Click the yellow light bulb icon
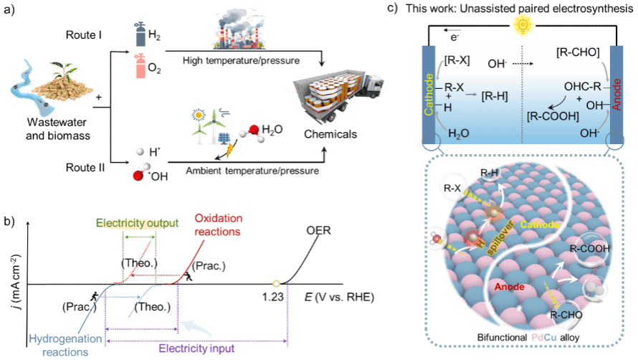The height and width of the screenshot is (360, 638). click(x=523, y=25)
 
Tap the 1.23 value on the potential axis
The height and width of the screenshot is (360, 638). click(x=272, y=298)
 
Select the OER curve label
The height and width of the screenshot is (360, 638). click(x=318, y=230)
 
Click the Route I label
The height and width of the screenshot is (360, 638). click(x=83, y=35)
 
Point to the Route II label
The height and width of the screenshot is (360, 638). click(x=85, y=167)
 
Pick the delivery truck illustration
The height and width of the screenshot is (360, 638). click(x=338, y=95)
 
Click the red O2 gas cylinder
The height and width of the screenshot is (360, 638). click(x=141, y=66)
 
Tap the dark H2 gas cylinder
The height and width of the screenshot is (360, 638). click(x=140, y=34)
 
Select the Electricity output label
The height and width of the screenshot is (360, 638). click(x=137, y=223)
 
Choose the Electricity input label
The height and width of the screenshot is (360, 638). click(x=196, y=349)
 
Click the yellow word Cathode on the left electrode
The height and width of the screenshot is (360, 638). click(x=429, y=94)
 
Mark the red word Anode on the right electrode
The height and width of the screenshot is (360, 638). click(x=616, y=95)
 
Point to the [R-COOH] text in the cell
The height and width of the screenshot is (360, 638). click(x=553, y=116)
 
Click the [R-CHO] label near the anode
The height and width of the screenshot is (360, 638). click(x=578, y=52)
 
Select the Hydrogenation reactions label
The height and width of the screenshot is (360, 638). click(x=65, y=346)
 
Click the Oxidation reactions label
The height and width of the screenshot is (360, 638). click(x=218, y=224)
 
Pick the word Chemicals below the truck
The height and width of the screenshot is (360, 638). click(x=330, y=134)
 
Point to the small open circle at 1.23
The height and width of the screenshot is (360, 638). click(x=276, y=284)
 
